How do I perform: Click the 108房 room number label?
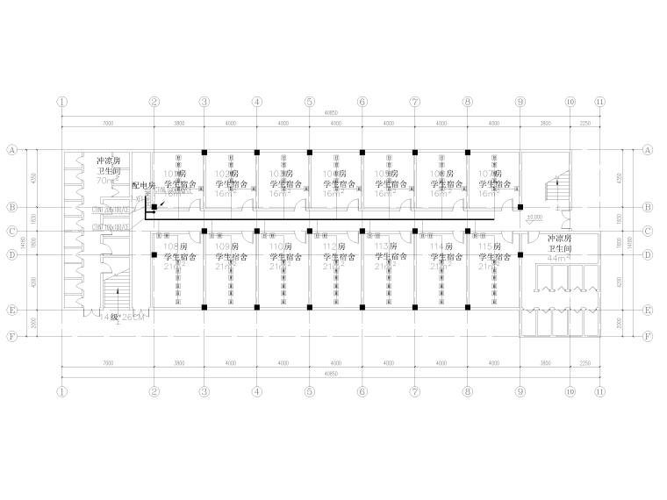coord(176,247)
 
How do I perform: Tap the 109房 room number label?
coord(229,247)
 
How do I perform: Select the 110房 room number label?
coord(282,247)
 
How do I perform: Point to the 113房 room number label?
coord(387,247)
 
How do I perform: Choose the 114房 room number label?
coord(440,247)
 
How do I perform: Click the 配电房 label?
coord(143,186)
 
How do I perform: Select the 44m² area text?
coord(559,259)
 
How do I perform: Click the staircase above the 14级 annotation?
coord(116,289)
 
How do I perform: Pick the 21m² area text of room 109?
coord(229,266)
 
